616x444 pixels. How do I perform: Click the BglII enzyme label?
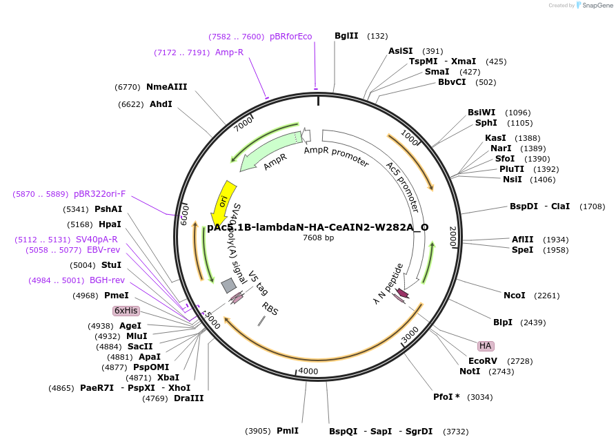(x=346, y=36)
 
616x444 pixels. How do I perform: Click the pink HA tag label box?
(x=486, y=345)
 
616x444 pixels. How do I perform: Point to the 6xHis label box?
(x=126, y=311)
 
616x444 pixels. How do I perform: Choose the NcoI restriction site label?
(x=514, y=296)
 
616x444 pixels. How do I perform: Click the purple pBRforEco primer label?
(x=290, y=37)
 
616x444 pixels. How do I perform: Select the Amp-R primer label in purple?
(x=229, y=52)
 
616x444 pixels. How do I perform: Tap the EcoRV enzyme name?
(x=482, y=361)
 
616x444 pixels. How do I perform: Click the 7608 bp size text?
(x=318, y=238)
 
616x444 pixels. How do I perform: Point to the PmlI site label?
(x=287, y=431)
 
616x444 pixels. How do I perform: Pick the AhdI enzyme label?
(x=161, y=104)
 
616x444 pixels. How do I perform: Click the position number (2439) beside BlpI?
(x=533, y=322)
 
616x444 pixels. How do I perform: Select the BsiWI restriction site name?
(x=481, y=113)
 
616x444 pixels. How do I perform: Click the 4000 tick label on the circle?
(x=308, y=371)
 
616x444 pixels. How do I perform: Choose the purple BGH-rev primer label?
(x=107, y=280)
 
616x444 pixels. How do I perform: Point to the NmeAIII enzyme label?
(x=166, y=87)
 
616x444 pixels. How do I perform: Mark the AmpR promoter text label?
(x=336, y=155)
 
